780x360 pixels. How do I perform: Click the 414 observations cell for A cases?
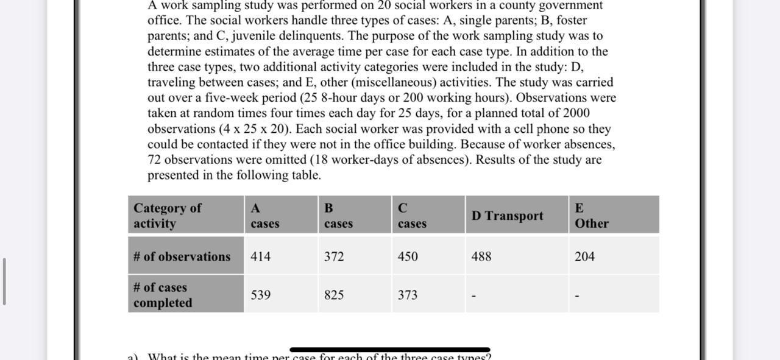(x=260, y=256)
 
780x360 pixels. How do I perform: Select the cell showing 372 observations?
(x=334, y=256)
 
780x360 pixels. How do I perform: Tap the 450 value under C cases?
(x=408, y=256)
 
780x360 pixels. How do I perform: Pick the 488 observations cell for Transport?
(x=481, y=256)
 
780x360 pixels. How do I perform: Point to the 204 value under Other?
(x=584, y=256)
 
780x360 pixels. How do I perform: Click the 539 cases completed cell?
(x=261, y=295)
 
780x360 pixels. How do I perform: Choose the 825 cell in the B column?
(x=334, y=295)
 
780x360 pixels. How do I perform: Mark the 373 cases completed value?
(x=408, y=295)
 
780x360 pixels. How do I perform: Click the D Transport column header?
(x=507, y=216)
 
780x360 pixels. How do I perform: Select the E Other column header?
(x=591, y=216)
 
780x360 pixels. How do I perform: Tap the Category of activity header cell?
(x=167, y=216)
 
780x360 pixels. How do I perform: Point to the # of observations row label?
(x=182, y=256)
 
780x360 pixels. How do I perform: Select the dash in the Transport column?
(x=473, y=296)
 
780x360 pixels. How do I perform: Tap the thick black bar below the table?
(x=389, y=350)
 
